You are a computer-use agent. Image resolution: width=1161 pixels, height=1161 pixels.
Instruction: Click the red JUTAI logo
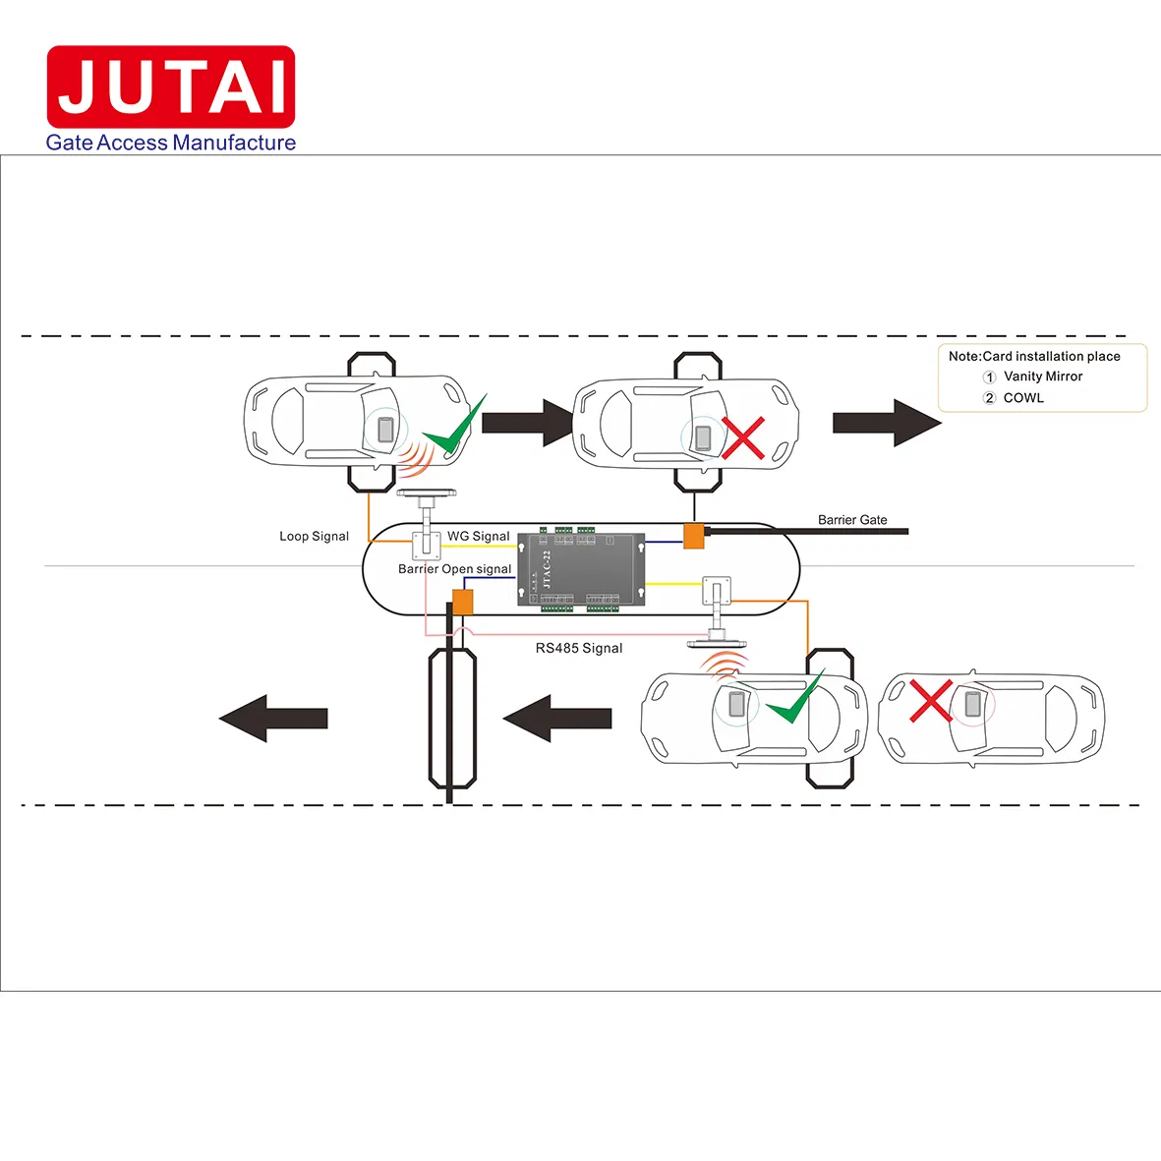point(171,87)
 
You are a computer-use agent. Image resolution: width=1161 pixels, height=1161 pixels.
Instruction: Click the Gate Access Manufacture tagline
point(171,143)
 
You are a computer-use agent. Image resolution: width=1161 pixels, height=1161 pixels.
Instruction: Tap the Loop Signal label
point(314,536)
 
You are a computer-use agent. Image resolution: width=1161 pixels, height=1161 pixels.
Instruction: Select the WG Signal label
point(478,536)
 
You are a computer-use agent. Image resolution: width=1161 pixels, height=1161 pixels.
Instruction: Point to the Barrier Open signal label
point(454,569)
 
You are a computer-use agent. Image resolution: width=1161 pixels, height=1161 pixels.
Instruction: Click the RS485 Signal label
point(579,648)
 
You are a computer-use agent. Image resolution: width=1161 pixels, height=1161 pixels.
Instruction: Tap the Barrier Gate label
point(852,519)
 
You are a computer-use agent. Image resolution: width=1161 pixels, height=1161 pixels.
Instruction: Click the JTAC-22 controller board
point(581,569)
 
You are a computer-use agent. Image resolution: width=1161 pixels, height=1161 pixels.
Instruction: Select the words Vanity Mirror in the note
point(1042,377)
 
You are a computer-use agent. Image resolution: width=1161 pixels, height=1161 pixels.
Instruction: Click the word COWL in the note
point(1023,398)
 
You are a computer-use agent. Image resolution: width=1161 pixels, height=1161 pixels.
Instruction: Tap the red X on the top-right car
point(743,437)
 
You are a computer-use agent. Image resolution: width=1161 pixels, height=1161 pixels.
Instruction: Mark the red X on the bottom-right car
point(930,700)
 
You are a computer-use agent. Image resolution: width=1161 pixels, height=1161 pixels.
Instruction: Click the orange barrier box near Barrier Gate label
point(694,536)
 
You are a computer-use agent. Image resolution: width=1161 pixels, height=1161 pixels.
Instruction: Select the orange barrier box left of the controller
point(462,602)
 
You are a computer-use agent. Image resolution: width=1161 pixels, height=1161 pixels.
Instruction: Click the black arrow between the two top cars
point(528,422)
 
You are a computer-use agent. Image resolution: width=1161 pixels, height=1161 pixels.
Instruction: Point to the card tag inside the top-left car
point(385,430)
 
